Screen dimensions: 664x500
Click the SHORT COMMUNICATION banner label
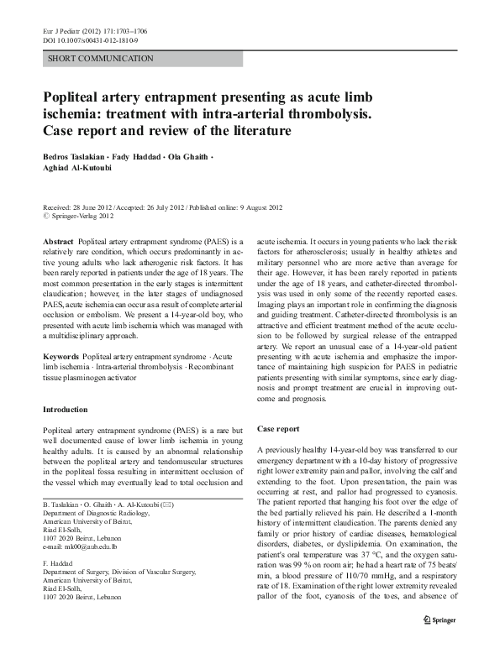click(101, 59)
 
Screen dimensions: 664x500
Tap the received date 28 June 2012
click(94, 207)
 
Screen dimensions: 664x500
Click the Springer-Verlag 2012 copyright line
click(81, 216)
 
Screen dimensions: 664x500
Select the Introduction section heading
click(65, 410)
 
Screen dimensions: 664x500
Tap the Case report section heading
click(278, 429)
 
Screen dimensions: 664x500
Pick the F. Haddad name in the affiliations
click(58, 564)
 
